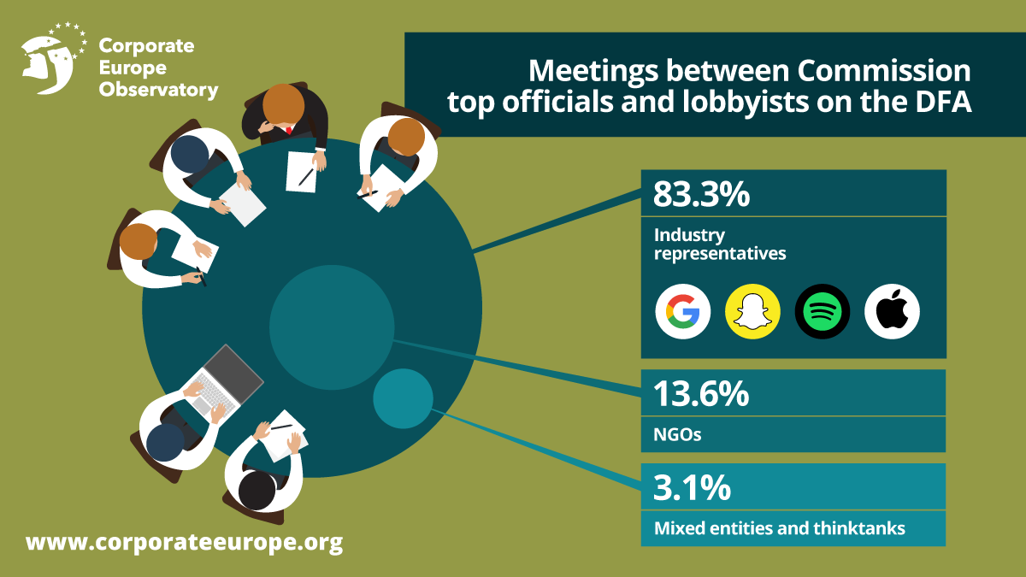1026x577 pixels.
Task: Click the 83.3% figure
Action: [x=701, y=194]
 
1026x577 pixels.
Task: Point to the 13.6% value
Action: [x=701, y=394]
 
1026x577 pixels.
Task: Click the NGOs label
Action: [x=677, y=434]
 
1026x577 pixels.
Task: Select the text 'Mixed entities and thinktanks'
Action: [x=779, y=528]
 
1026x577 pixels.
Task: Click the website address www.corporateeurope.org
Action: [x=184, y=542]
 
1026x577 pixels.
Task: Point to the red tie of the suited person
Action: [x=290, y=130]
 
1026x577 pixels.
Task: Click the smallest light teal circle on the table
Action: [x=403, y=397]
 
